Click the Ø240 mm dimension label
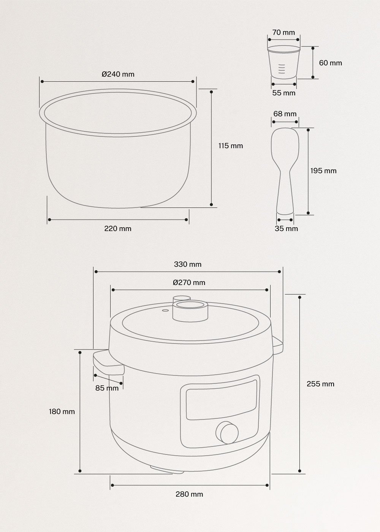tap(118, 74)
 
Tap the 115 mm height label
tap(230, 146)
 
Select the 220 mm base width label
tap(118, 228)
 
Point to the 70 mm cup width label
tap(283, 32)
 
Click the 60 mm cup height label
tap(330, 63)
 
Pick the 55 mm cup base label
tap(283, 93)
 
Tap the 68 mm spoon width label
tap(285, 114)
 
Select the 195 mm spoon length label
tap(323, 171)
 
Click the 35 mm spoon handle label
tap(286, 228)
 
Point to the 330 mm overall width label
tap(188, 264)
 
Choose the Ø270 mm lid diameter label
tap(189, 282)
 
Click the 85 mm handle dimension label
tap(107, 388)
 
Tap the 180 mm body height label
tap(62, 411)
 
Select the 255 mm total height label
tap(320, 384)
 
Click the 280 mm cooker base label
tap(189, 494)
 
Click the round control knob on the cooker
tap(226, 432)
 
